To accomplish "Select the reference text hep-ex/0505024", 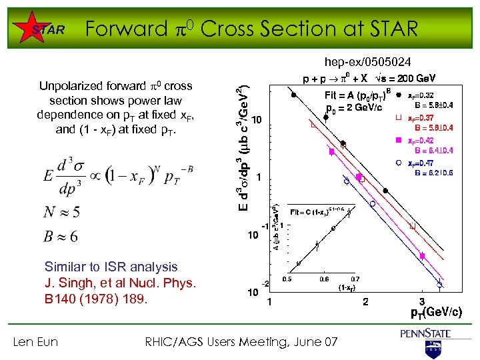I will [x=367, y=62].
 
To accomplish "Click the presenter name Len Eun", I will [x=35, y=342].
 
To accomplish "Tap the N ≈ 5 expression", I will [x=61, y=212].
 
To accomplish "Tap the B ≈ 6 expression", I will [x=61, y=236].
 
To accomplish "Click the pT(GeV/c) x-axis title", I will [x=436, y=312].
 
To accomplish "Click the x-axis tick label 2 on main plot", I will [x=365, y=302].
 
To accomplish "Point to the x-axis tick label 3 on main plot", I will [x=421, y=302].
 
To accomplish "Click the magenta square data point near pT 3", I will [x=422, y=256].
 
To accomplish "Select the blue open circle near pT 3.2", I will [x=439, y=285].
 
